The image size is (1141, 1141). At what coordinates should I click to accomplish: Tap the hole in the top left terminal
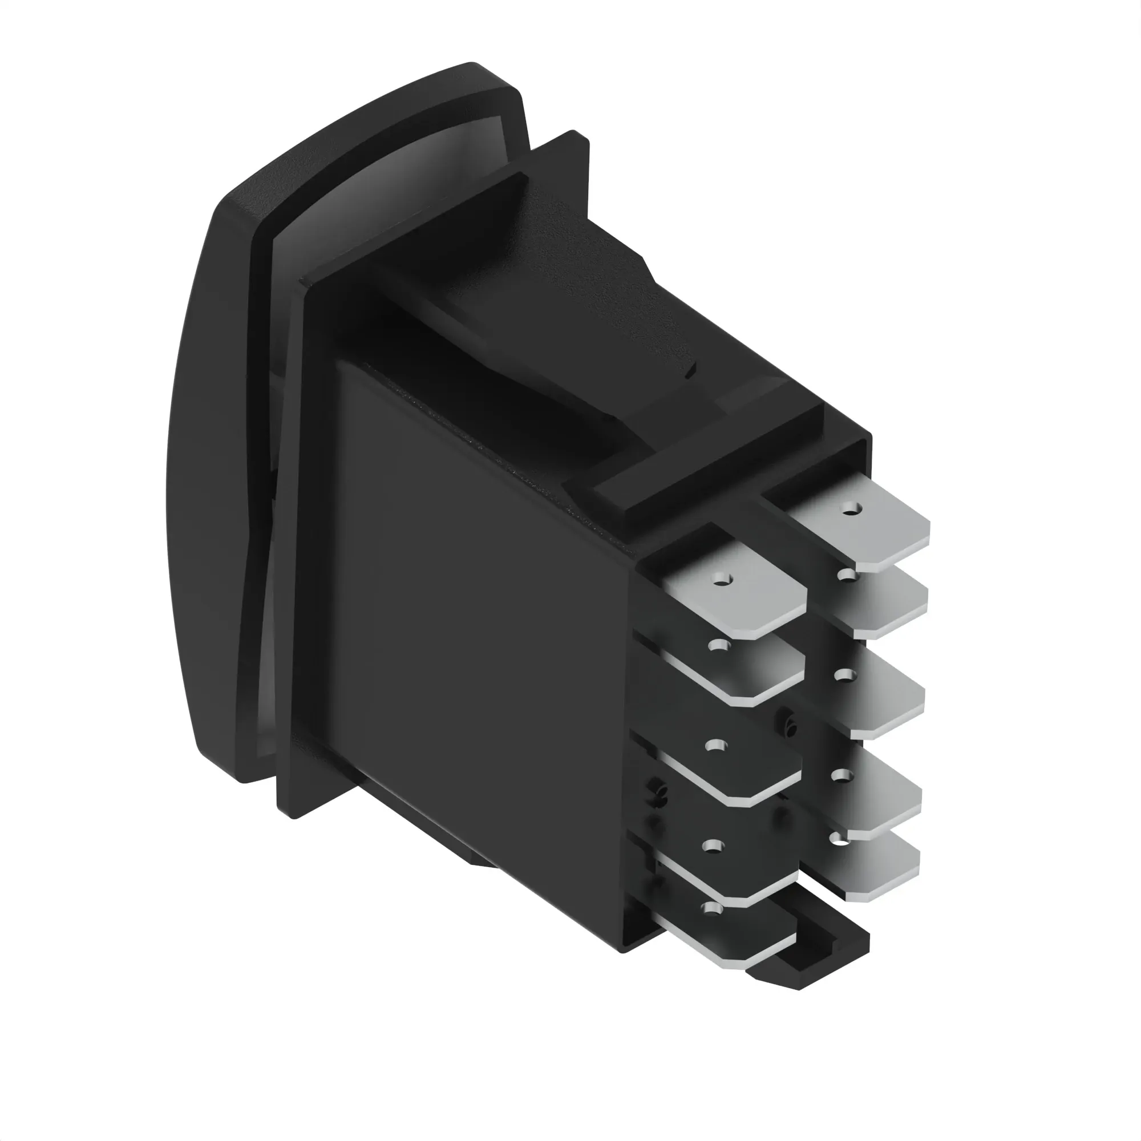[719, 581]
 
